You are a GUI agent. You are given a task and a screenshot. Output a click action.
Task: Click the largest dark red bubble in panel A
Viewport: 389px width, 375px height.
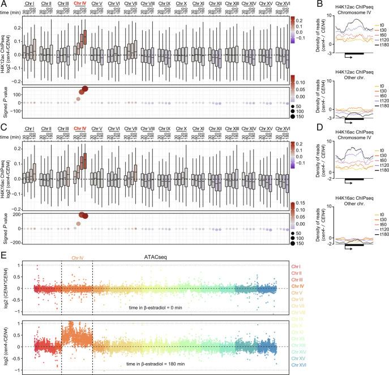coord(85,88)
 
